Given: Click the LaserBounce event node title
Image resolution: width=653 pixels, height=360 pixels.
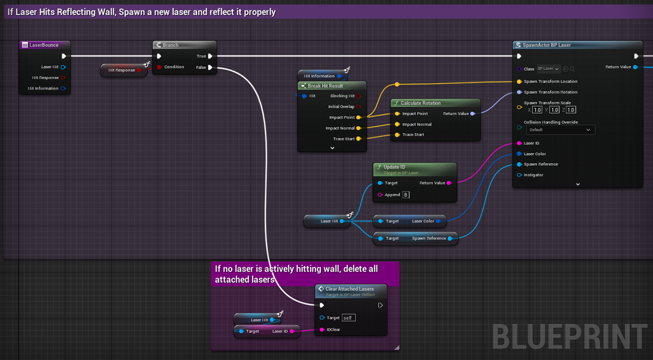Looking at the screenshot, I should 44,45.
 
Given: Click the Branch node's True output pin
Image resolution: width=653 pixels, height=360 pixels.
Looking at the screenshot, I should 210,56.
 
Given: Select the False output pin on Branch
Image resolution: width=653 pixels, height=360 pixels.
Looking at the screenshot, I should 210,67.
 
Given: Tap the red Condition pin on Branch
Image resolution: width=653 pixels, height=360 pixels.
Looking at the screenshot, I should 159,67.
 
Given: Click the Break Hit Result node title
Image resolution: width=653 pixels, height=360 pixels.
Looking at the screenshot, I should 325,86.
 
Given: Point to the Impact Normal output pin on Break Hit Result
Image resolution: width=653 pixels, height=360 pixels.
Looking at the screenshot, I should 358,128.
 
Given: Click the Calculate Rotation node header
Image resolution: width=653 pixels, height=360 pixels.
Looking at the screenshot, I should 420,103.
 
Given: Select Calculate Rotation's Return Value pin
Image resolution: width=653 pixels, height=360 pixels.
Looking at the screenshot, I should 472,114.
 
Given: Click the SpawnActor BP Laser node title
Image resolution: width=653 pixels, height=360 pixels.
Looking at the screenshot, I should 546,45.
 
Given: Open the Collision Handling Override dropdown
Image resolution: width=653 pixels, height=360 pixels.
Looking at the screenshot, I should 560,130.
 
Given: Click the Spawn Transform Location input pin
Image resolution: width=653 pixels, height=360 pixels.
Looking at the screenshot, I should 519,82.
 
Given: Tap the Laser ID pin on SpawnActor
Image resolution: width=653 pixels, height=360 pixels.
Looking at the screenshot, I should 519,144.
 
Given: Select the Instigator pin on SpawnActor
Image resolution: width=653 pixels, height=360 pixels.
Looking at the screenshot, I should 519,175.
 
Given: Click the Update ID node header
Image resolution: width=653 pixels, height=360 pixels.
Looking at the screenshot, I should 395,167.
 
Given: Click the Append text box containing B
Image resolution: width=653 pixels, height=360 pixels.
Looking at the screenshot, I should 406,195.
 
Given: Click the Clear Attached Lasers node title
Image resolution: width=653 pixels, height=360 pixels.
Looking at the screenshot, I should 349,289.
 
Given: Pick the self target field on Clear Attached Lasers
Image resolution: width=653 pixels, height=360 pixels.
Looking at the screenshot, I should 348,318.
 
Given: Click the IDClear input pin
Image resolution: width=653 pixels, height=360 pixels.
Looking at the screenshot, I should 322,330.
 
